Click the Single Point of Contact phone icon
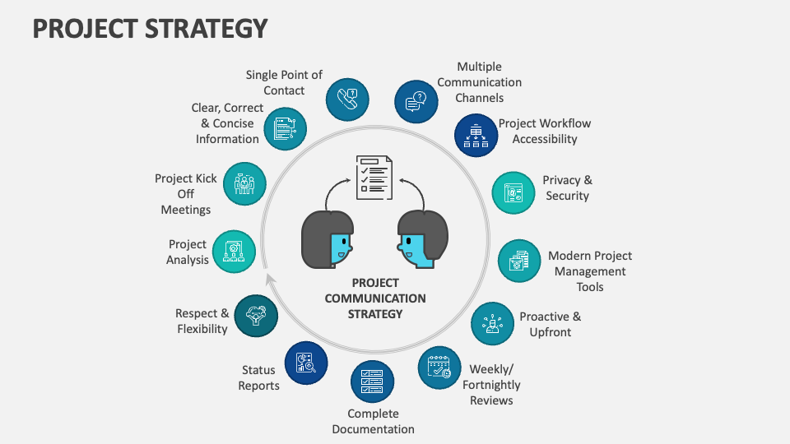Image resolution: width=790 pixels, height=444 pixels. pos(347,99)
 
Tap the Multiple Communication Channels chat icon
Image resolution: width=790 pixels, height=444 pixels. pos(416,103)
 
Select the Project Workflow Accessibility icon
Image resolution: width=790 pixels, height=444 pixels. pos(476,135)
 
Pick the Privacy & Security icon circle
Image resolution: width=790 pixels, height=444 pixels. pos(513,192)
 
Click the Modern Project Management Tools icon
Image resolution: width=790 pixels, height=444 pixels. pos(519,261)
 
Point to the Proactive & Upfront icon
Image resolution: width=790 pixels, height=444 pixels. pos(492,323)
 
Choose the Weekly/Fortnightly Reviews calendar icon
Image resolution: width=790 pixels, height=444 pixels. pos(439,368)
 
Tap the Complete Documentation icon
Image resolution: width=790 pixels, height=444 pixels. pos(372,382)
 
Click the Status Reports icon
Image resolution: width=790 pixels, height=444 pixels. pos(306,363)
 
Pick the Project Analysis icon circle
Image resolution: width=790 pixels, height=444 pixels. pos(234,252)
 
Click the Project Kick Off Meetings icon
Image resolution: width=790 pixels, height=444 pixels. pos(244,183)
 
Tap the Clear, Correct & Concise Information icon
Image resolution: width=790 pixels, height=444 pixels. pos(286,128)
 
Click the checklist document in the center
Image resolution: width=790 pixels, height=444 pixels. pos(374,177)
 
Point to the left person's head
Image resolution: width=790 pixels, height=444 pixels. pos(328,239)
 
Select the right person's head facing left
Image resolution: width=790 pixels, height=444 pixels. pos(422,239)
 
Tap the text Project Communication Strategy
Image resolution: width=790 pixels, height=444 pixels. pos(375,298)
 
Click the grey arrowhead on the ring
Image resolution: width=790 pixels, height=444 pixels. pos(269,280)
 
